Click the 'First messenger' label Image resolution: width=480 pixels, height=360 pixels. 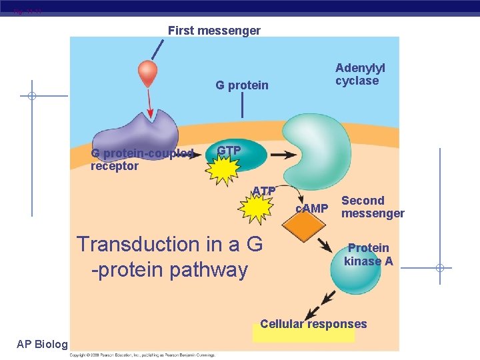pyautogui.click(x=214, y=31)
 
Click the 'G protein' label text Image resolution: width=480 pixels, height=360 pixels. pyautogui.click(x=241, y=85)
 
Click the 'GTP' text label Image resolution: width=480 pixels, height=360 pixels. pyautogui.click(x=229, y=151)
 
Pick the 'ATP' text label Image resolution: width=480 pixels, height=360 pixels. pyautogui.click(x=264, y=191)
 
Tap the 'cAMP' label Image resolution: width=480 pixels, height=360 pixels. pyautogui.click(x=311, y=209)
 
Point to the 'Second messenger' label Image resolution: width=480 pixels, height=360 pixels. pyautogui.click(x=373, y=207)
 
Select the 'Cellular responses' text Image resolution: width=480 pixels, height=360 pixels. pyautogui.click(x=313, y=324)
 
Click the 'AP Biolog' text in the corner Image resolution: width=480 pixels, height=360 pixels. pyautogui.click(x=41, y=344)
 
